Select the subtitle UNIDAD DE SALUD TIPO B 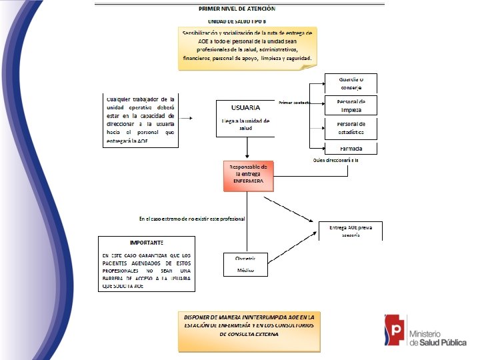pos(237,21)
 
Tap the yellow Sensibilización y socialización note pos(247,45)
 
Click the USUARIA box pos(246,117)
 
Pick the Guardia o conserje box pos(351,83)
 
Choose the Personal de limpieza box pos(351,105)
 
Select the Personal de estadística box pos(351,127)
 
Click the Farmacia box pos(351,149)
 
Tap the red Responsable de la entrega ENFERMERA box pos(248,175)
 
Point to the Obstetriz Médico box pos(245,264)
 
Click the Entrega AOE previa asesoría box pos(351,231)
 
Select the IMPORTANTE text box pos(147,263)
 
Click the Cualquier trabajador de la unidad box pos(140,120)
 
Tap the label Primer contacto pos(295,103)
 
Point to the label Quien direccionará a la pos(336,161)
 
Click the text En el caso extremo pos(191,219)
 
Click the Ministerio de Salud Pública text pos(437,337)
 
